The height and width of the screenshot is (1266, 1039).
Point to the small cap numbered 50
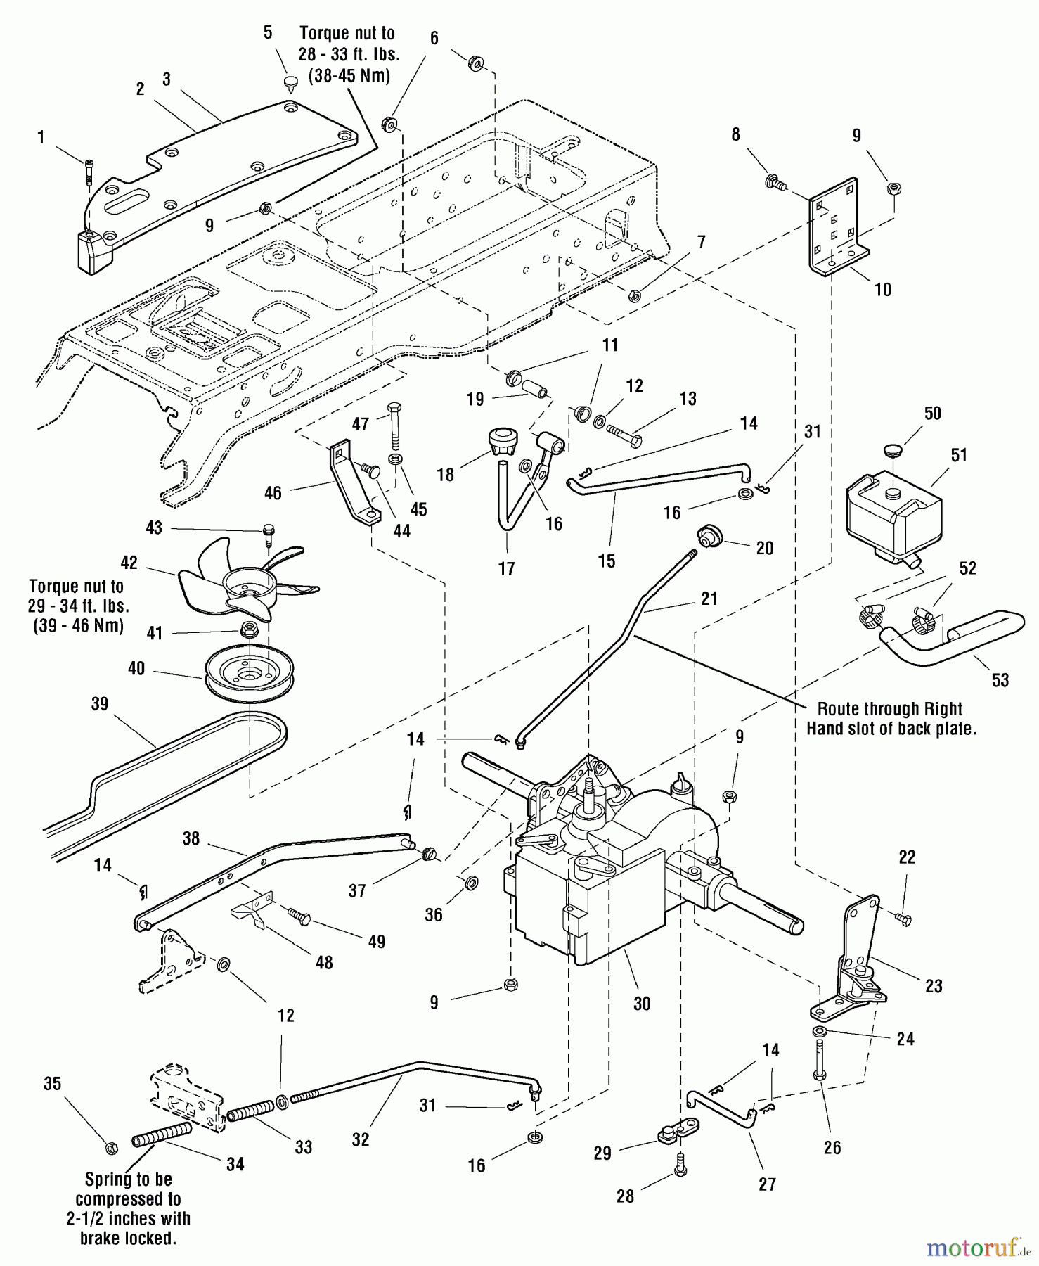pyautogui.click(x=893, y=448)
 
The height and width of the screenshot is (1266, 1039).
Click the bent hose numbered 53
pyautogui.click(x=949, y=637)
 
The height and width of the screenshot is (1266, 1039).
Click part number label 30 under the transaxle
pyautogui.click(x=642, y=1004)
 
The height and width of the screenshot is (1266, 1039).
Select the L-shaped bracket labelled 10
pyautogui.click(x=833, y=225)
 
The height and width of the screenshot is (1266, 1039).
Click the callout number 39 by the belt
pyautogui.click(x=100, y=704)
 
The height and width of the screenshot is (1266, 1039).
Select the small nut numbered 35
pyautogui.click(x=110, y=1149)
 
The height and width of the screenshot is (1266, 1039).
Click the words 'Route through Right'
pyautogui.click(x=890, y=709)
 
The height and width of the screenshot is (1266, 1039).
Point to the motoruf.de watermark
pyautogui.click(x=978, y=1247)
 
